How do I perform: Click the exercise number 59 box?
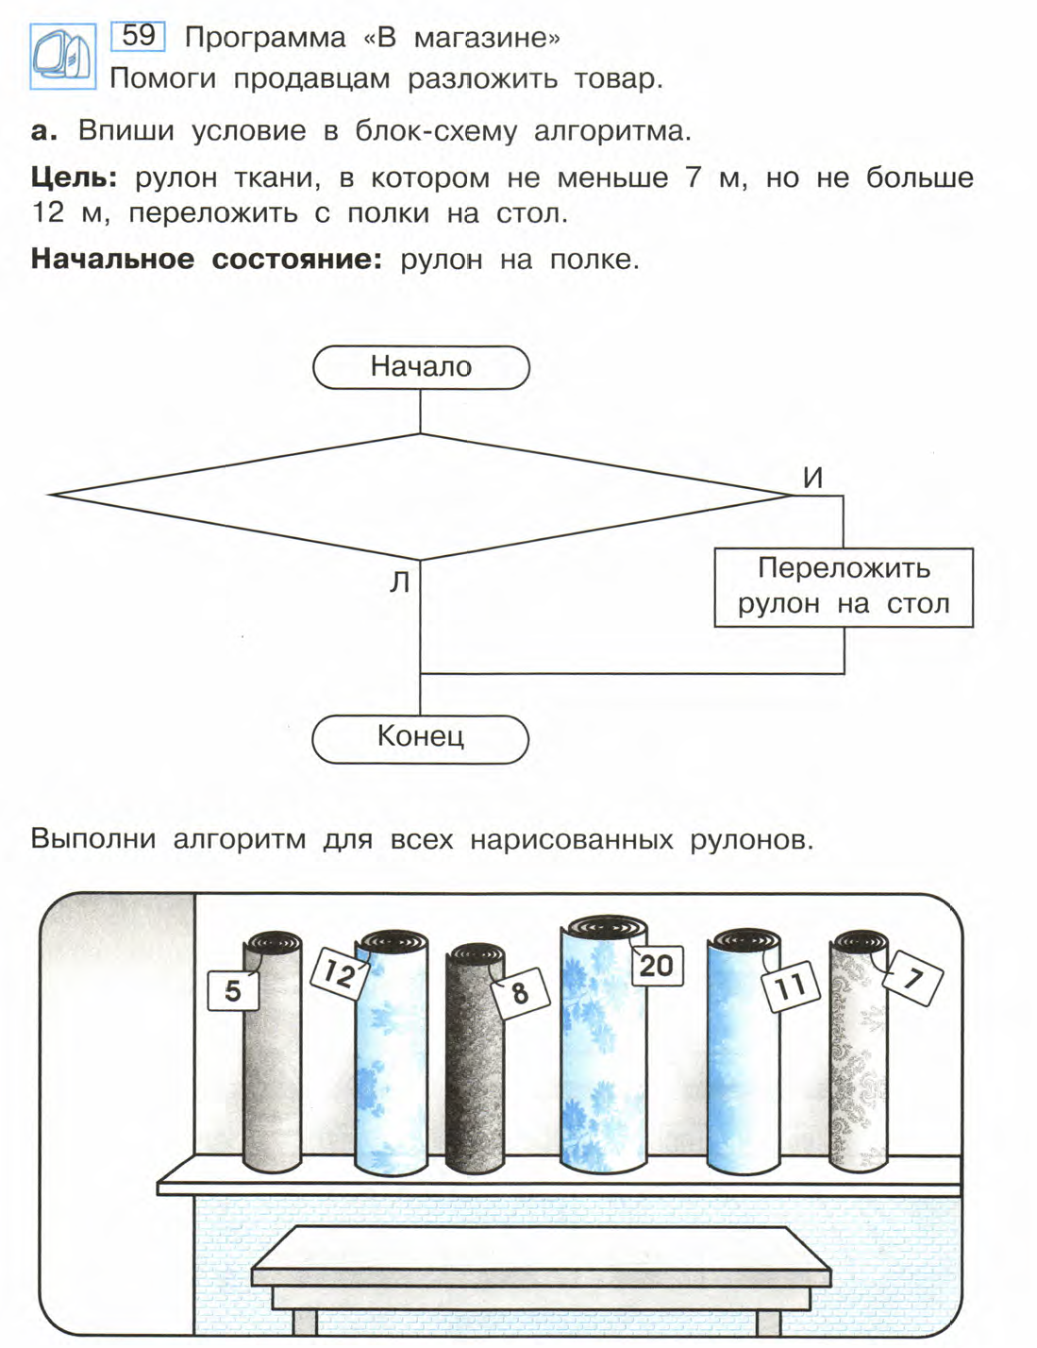[139, 36]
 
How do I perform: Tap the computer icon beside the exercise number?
[62, 57]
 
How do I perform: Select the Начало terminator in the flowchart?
[421, 367]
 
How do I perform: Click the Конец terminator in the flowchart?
[420, 737]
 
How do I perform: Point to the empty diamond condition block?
[420, 496]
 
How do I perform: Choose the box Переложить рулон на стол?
[843, 587]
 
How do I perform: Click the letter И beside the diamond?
[812, 479]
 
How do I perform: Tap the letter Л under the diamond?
[400, 583]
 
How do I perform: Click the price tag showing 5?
[233, 991]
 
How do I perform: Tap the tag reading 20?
[656, 965]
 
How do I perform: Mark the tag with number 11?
[789, 987]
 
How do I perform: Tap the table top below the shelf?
[541, 1251]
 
